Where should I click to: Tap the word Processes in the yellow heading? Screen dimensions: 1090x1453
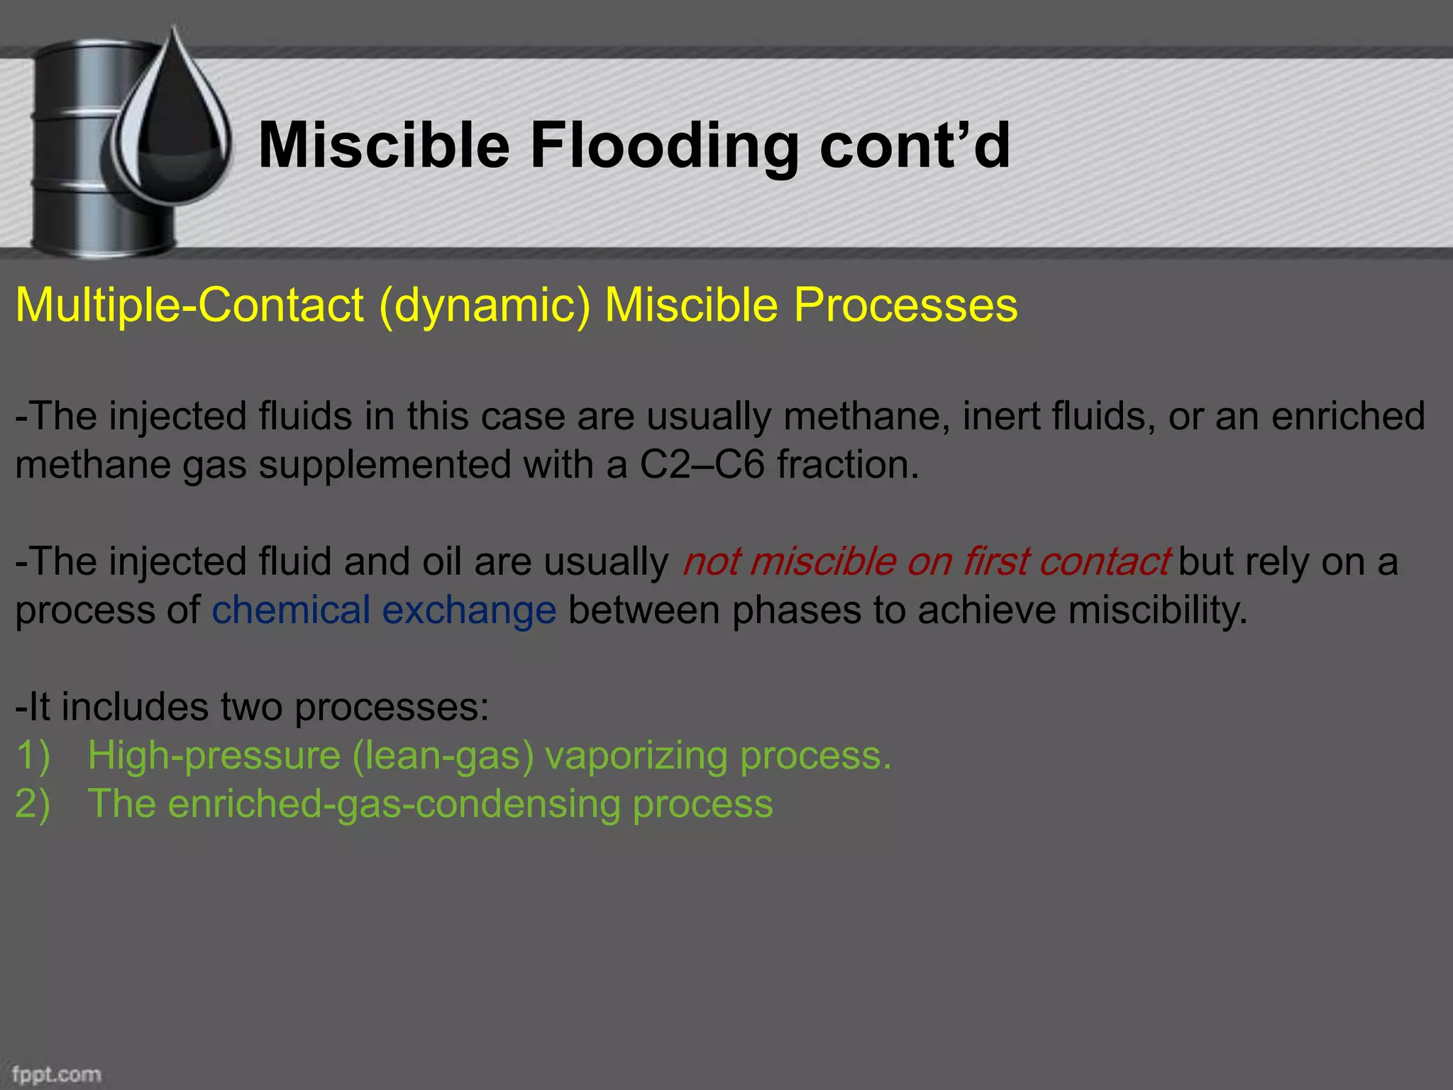pos(905,305)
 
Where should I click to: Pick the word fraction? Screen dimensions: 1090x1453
pos(848,466)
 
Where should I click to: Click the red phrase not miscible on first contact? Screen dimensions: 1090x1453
pos(925,561)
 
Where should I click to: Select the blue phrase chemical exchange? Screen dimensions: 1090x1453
pos(384,610)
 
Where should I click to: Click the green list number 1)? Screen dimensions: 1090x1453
pos(33,755)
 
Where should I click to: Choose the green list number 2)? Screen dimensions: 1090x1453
pos(33,804)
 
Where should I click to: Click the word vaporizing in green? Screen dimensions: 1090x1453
pos(636,755)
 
